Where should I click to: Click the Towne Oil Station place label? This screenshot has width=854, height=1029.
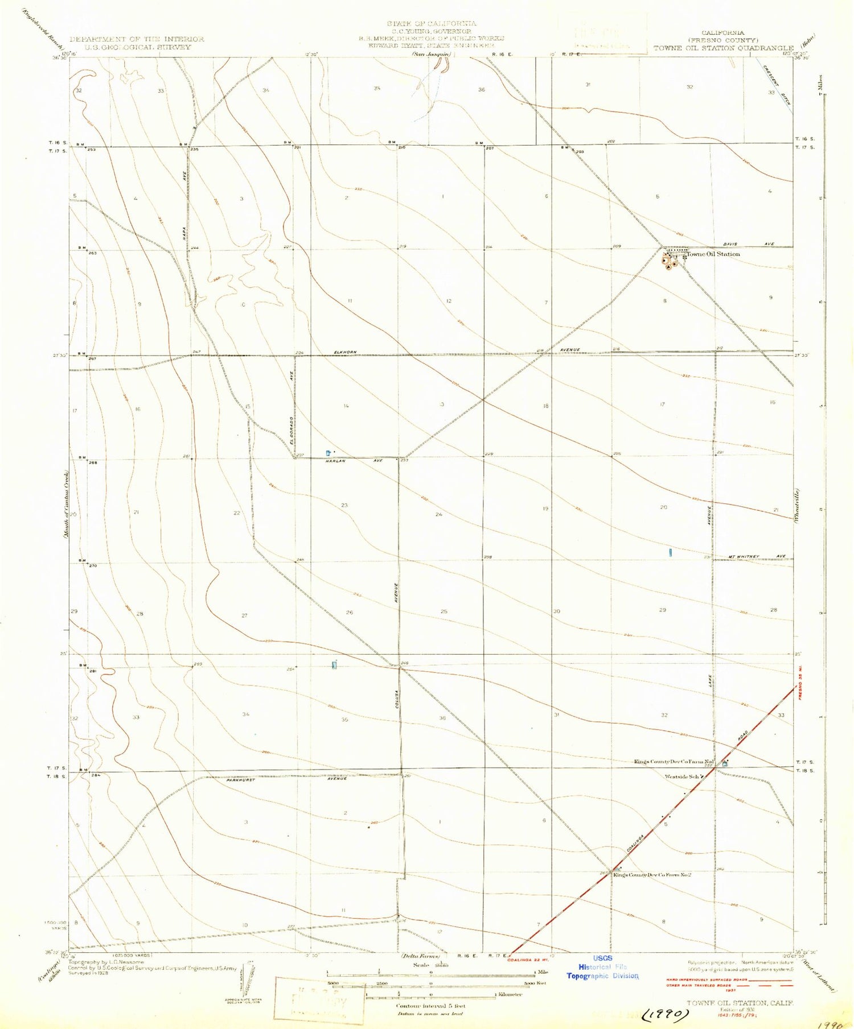tap(712, 254)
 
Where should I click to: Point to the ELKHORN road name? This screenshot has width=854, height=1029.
tap(345, 352)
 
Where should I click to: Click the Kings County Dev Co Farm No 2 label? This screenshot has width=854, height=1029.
tap(652, 874)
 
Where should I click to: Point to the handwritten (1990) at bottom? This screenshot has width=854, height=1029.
tap(665, 1014)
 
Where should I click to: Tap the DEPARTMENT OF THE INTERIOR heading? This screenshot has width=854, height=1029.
tap(137, 39)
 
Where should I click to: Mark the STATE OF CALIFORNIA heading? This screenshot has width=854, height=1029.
tap(432, 23)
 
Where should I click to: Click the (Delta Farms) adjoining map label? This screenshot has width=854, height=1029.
tap(421, 956)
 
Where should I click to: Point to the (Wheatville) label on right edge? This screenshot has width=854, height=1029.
tap(799, 506)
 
